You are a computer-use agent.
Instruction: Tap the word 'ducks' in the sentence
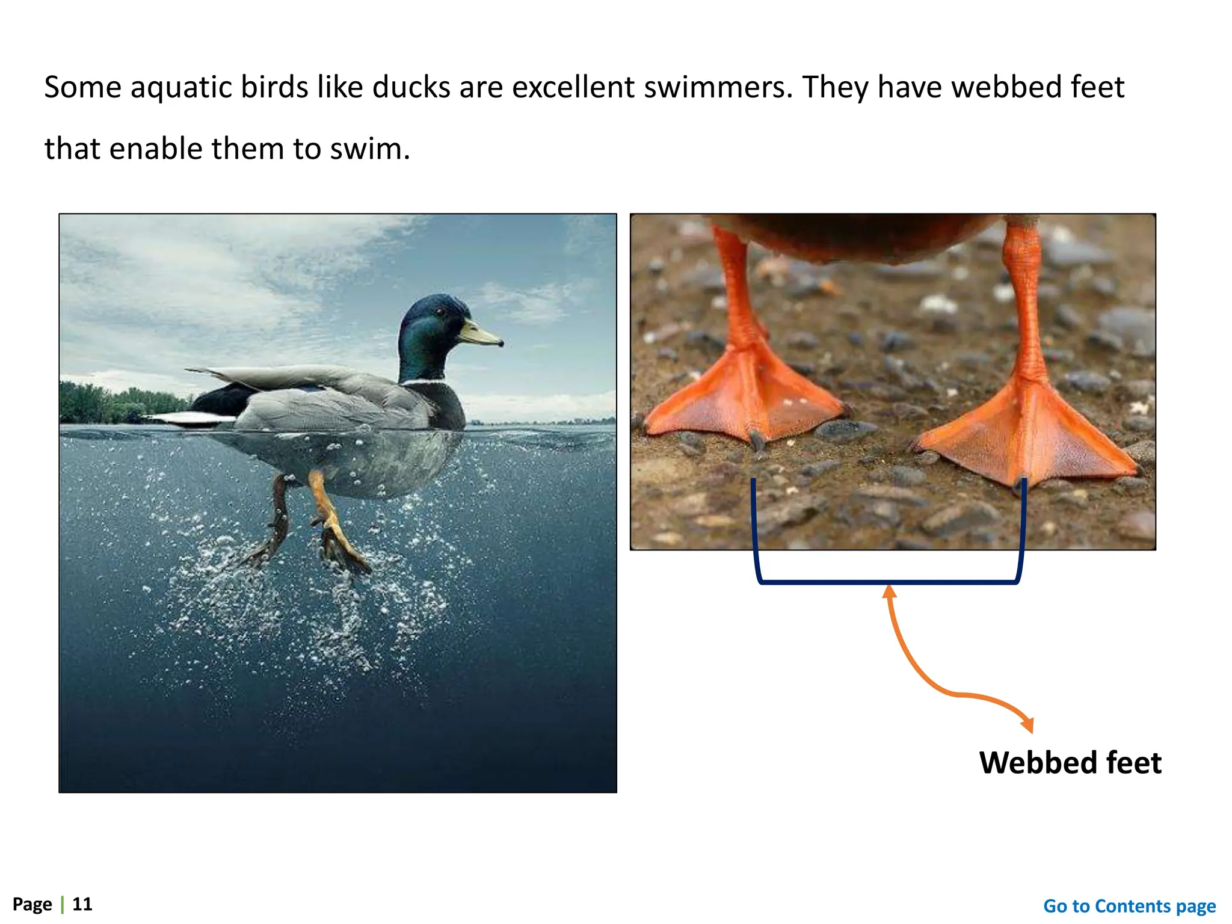pos(411,87)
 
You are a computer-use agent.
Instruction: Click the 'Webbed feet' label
pos(1070,763)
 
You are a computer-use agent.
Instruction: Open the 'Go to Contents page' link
pos(1129,906)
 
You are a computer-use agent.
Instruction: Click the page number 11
pos(82,904)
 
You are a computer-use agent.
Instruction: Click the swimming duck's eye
pos(440,312)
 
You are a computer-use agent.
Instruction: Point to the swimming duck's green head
pos(427,337)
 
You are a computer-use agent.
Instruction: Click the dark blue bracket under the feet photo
pos(888,582)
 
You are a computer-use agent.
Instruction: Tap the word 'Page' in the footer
pos(32,904)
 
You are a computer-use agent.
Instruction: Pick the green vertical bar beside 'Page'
pos(62,904)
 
